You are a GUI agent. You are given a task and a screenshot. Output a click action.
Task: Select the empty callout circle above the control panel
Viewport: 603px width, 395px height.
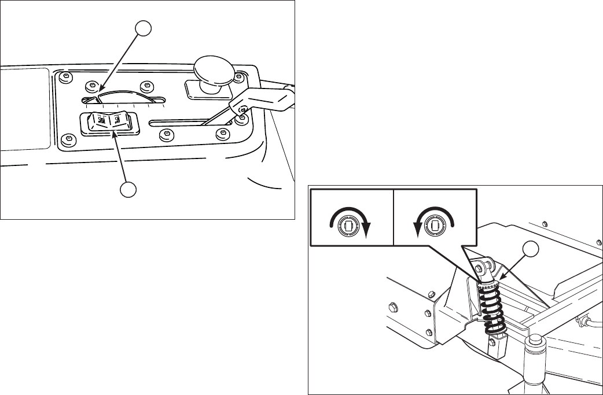(x=144, y=28)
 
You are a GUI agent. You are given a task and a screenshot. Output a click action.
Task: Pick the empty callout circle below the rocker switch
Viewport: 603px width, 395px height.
(x=128, y=189)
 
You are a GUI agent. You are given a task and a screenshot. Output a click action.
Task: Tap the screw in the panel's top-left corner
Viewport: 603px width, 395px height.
(x=67, y=77)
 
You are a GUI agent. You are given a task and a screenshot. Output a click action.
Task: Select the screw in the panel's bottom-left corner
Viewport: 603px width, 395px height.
(x=69, y=139)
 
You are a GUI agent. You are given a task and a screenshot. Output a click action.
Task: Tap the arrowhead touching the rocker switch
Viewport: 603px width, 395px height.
(x=115, y=135)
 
